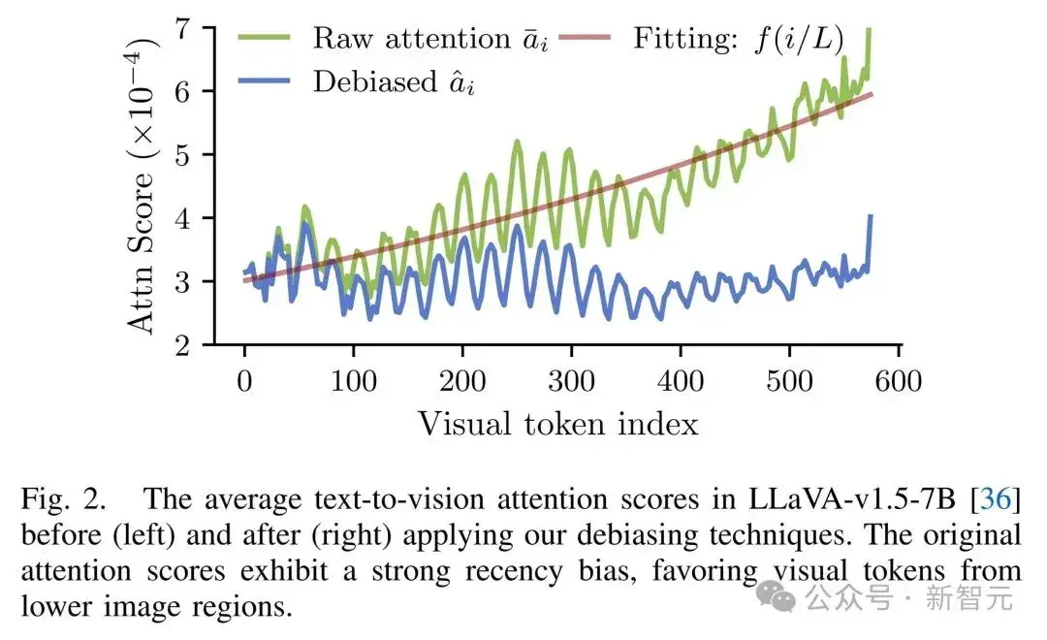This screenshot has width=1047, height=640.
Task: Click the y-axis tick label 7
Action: click(x=181, y=29)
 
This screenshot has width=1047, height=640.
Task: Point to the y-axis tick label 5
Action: click(x=181, y=155)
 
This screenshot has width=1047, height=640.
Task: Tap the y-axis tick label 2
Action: click(x=181, y=345)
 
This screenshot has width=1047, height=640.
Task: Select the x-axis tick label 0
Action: click(x=244, y=381)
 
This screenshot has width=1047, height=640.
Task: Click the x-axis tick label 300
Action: click(x=572, y=381)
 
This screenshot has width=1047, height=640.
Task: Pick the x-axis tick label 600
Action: click(x=899, y=381)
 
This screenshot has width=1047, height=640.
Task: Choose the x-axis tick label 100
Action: click(x=353, y=381)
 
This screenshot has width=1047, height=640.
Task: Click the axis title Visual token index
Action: click(x=558, y=424)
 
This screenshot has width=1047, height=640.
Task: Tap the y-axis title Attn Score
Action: click(x=141, y=251)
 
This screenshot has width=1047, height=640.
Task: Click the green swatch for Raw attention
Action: click(x=265, y=38)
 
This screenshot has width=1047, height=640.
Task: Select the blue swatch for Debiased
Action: click(x=265, y=80)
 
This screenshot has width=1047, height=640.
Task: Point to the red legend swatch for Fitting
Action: click(x=585, y=38)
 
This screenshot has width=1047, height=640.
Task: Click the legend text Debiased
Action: click(x=375, y=82)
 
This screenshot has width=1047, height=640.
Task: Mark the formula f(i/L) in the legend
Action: click(x=799, y=39)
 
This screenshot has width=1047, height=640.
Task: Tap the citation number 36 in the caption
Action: click(x=997, y=499)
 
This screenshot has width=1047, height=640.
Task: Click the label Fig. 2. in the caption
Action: click(x=63, y=499)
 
